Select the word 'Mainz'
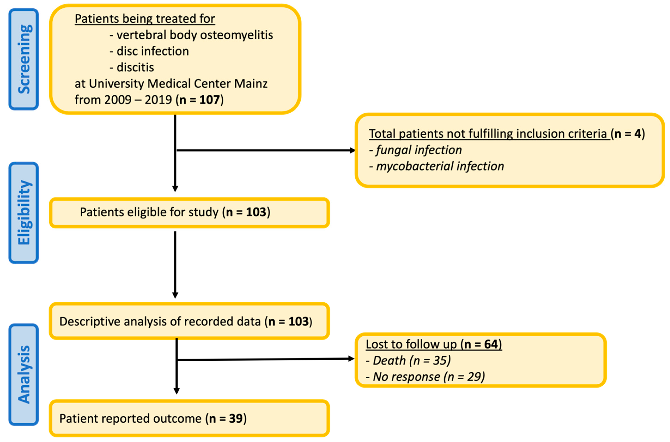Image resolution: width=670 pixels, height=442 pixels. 251,84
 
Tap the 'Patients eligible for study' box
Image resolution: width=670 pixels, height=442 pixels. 189,213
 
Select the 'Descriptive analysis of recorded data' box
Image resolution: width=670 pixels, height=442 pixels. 189,321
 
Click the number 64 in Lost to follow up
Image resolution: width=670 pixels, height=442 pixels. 491,344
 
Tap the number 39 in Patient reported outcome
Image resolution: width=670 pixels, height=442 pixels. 236,419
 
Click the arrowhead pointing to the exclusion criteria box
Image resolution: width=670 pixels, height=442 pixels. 352,150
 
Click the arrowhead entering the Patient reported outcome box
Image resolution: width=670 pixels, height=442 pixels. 177,391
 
